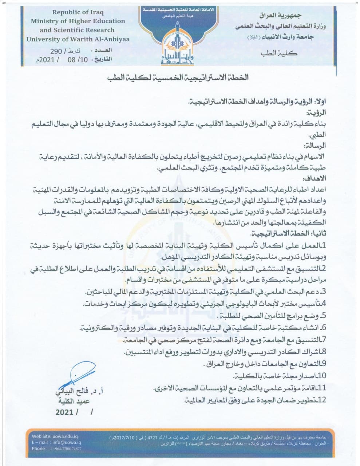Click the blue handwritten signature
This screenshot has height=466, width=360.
[x=78, y=377]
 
